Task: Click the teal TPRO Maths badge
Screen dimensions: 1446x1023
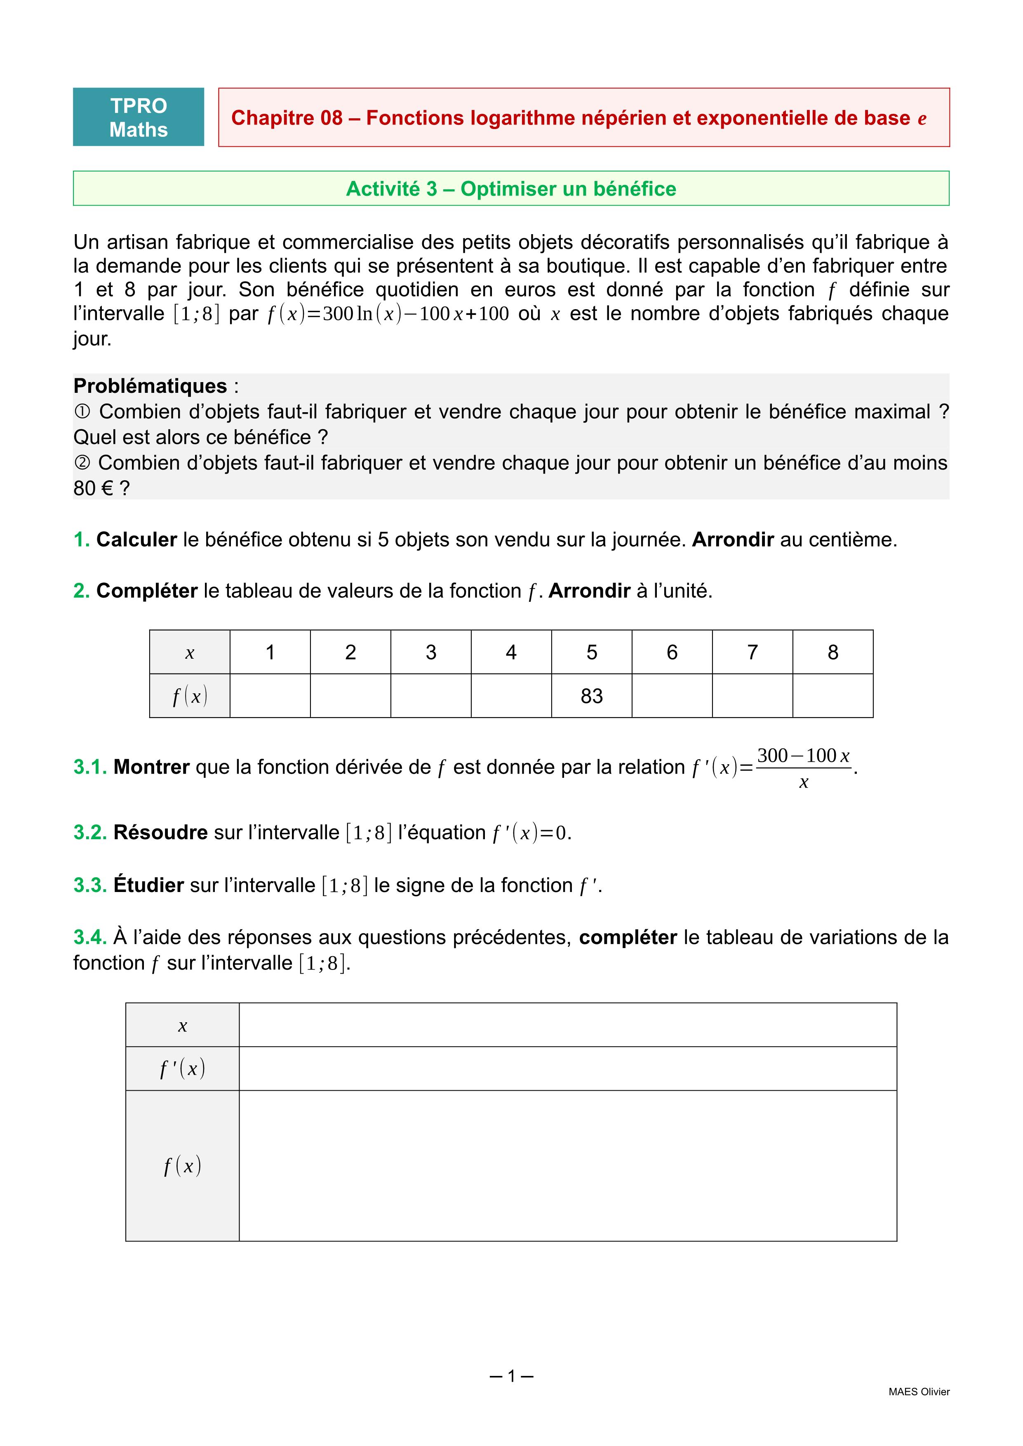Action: pyautogui.click(x=139, y=117)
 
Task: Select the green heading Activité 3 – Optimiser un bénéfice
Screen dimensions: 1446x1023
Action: pyautogui.click(x=511, y=189)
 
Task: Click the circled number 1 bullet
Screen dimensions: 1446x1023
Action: pyautogui.click(x=82, y=412)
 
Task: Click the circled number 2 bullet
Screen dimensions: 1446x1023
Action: pyautogui.click(x=82, y=463)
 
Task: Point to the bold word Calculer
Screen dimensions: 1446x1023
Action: pyautogui.click(x=136, y=540)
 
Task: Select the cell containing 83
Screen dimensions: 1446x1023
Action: pyautogui.click(x=592, y=696)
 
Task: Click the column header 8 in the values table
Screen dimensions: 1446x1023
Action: pyautogui.click(x=833, y=653)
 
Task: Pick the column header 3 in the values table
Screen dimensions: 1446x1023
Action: pyautogui.click(x=431, y=653)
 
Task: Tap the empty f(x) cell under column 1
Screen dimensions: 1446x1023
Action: pyautogui.click(x=270, y=696)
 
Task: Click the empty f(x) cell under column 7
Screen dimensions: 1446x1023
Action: pyautogui.click(x=752, y=696)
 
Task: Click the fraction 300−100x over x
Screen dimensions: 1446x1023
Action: pyautogui.click(x=803, y=768)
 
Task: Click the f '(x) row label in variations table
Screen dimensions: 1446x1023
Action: pyautogui.click(x=182, y=1069)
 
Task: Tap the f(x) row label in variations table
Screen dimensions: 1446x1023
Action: pyautogui.click(x=182, y=1166)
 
